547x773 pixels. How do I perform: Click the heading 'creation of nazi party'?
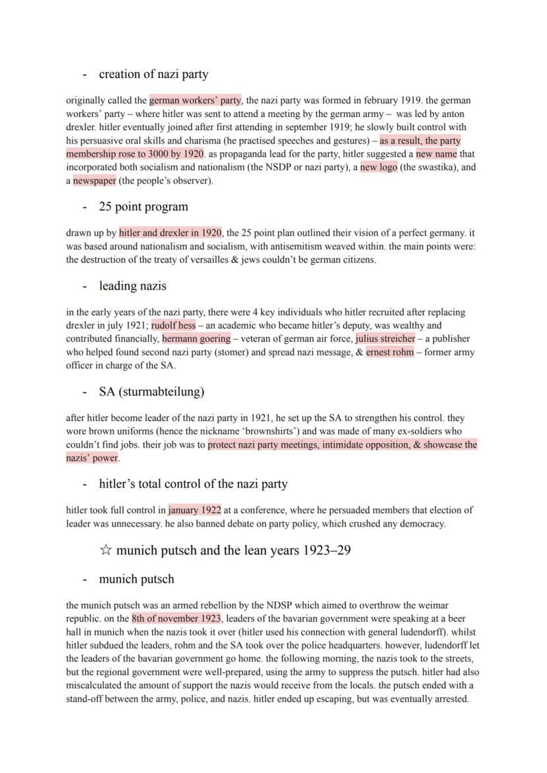tap(153, 74)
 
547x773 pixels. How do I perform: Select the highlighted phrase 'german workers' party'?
tap(196, 101)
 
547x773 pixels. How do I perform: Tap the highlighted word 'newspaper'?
tap(94, 181)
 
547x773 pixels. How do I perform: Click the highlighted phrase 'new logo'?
tap(379, 167)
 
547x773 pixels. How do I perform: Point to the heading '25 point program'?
tap(143, 206)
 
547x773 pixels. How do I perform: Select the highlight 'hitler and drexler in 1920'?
tap(170, 233)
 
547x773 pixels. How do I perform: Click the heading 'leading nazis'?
tap(132, 286)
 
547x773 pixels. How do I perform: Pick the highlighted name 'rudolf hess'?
tap(173, 325)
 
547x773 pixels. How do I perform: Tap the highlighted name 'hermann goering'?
tap(196, 339)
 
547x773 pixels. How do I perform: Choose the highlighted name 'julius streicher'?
tap(385, 339)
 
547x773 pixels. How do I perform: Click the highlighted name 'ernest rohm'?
tap(390, 352)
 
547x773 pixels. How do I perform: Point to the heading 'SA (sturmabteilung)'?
tap(151, 391)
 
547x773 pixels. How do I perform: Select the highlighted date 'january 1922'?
tap(194, 510)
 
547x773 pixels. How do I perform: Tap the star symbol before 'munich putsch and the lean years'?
tap(106, 550)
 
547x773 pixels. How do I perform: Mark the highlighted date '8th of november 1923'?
tap(176, 618)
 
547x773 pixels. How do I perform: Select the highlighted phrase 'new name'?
tap(436, 154)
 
